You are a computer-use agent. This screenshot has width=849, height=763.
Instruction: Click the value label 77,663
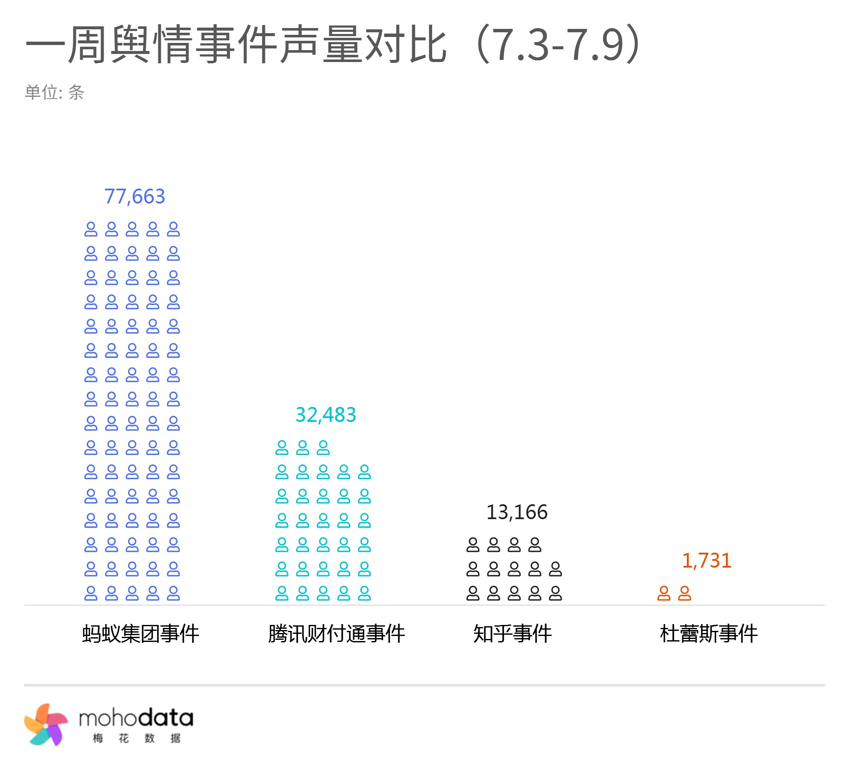(x=135, y=196)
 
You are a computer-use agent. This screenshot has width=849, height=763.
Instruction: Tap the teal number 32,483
(x=326, y=415)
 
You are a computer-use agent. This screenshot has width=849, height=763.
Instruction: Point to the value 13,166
(x=517, y=512)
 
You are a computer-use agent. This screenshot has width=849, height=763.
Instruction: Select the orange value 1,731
(x=706, y=560)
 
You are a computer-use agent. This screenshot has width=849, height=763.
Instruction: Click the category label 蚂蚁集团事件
(x=141, y=633)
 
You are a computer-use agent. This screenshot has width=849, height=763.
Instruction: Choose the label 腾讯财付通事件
(x=337, y=633)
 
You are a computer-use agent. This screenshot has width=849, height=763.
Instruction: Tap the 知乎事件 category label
(x=512, y=633)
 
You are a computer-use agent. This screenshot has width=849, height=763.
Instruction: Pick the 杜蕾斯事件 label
(x=708, y=633)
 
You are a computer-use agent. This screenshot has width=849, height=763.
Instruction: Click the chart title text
(x=333, y=44)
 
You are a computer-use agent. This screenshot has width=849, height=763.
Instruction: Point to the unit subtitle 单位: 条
(x=55, y=92)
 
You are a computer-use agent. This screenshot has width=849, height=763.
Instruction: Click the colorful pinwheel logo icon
(x=46, y=724)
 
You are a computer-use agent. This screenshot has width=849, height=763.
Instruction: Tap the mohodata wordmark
(x=136, y=718)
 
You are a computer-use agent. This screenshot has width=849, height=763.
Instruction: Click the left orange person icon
(x=664, y=593)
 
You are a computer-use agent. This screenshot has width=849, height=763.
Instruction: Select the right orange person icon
(x=684, y=593)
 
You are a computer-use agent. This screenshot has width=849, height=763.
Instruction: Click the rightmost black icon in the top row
(x=535, y=545)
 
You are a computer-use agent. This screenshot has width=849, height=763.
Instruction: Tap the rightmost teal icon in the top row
(x=323, y=448)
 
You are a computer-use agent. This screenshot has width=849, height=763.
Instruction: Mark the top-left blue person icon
(x=91, y=229)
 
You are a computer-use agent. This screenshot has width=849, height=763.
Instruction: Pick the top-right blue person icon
(x=173, y=229)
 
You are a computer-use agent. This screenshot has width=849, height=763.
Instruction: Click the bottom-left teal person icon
(x=282, y=593)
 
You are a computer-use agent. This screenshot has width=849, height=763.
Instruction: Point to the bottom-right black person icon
(x=555, y=593)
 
